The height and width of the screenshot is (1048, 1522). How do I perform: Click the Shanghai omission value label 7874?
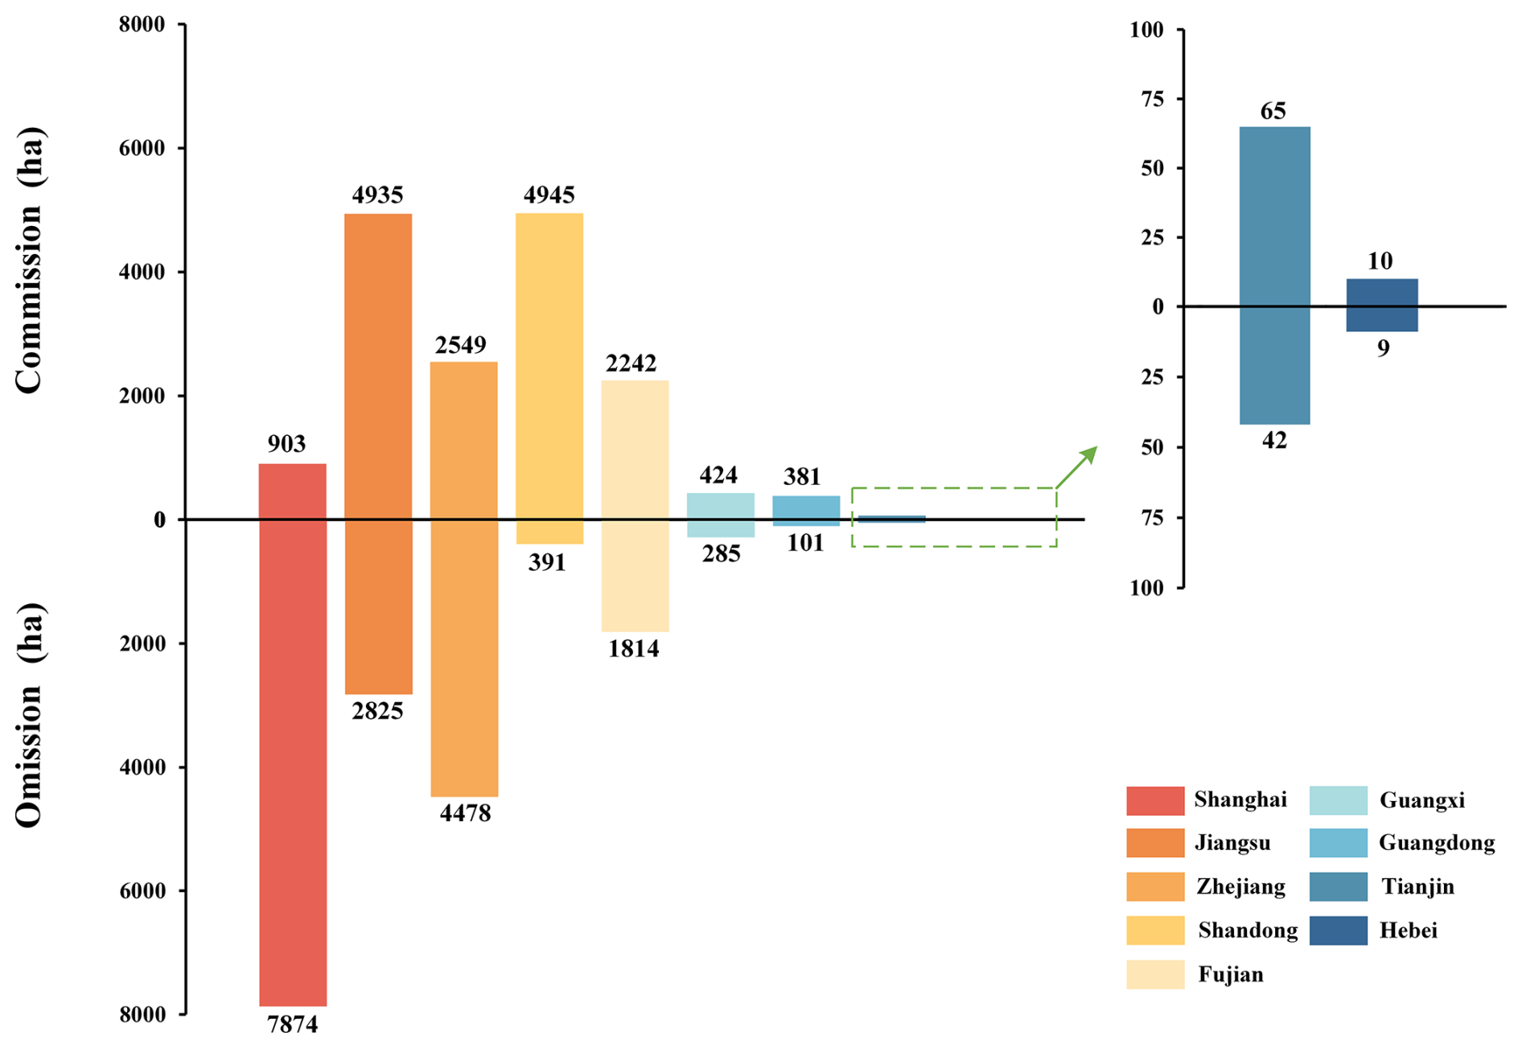coord(292,1025)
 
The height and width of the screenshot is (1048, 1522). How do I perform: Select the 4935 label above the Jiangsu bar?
coord(377,195)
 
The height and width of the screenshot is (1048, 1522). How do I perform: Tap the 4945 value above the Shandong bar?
coord(549,195)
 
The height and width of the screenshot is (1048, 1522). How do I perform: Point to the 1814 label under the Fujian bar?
coord(633,648)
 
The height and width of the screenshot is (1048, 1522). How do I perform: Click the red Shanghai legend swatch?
coord(1154,801)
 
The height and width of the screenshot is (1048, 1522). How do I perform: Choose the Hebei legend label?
coord(1408,931)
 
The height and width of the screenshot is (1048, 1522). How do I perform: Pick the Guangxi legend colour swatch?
coord(1338,801)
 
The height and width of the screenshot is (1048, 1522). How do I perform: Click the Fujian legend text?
coord(1230,975)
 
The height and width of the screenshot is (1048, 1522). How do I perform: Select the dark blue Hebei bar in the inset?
coord(1381,305)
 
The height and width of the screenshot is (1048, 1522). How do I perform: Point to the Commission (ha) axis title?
coord(30,260)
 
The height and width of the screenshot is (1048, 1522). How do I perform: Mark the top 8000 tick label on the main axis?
coord(142,24)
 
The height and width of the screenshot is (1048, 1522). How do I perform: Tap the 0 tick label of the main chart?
coord(159,520)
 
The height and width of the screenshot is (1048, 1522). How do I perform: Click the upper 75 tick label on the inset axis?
coord(1146,99)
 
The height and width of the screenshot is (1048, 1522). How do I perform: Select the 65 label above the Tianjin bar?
coord(1273,111)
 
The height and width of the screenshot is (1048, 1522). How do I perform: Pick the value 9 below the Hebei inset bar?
coord(1382,348)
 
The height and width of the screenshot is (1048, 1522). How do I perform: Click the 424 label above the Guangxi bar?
coord(718,475)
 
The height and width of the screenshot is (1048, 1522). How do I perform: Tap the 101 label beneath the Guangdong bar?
coord(805,543)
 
